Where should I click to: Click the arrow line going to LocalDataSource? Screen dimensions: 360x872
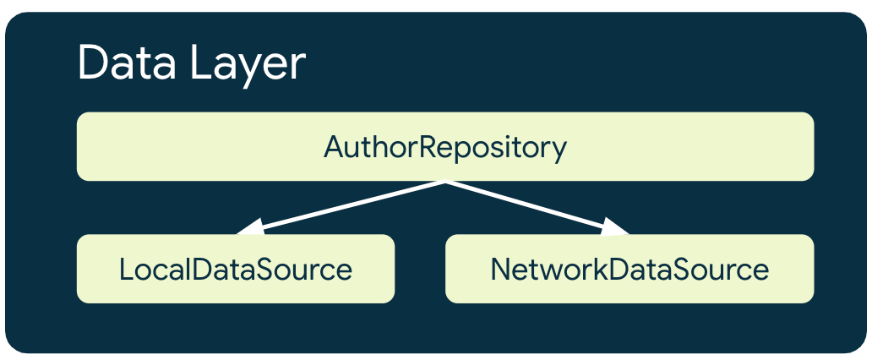click(346, 205)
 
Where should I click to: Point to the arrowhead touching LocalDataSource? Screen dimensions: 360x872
click(251, 228)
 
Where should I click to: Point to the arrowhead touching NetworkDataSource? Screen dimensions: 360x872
click(617, 226)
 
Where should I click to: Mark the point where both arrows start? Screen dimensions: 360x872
click(445, 181)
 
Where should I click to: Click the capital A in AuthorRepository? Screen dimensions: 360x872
click(333, 147)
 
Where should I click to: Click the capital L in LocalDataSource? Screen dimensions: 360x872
click(125, 270)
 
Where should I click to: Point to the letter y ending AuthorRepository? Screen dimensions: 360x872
click(559, 150)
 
